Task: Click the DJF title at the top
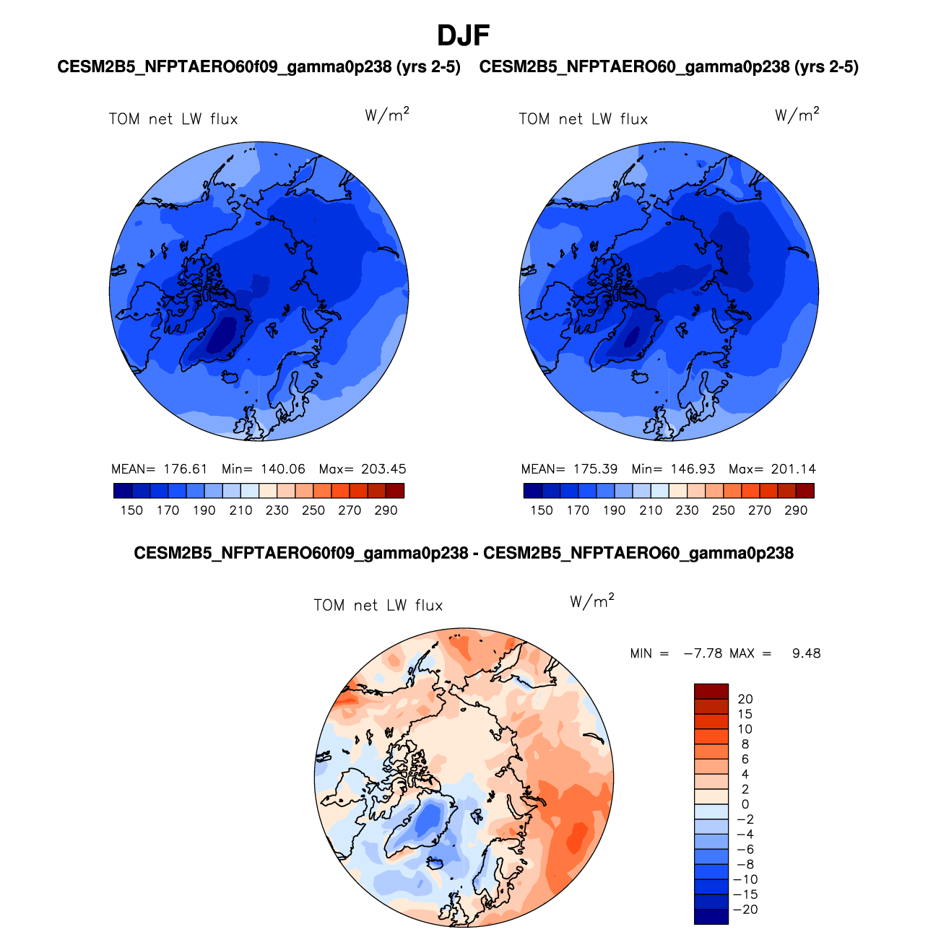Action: (463, 35)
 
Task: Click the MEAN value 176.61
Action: (186, 469)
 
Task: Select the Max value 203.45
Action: (383, 469)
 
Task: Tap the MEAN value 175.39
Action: (596, 469)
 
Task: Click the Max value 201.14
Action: (793, 469)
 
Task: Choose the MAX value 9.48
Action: (806, 653)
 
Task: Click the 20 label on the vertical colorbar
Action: (745, 699)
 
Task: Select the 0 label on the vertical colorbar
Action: (745, 804)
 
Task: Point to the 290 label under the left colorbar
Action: (386, 510)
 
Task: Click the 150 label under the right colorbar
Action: (542, 510)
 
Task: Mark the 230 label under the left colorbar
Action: (277, 510)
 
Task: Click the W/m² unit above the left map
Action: (387, 115)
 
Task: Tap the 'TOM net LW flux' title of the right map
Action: (584, 119)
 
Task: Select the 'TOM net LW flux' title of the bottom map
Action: (378, 606)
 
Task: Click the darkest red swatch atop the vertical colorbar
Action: (711, 692)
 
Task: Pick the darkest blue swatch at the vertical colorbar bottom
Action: (711, 916)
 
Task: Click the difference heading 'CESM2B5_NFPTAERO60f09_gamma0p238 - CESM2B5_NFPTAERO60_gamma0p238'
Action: (464, 554)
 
